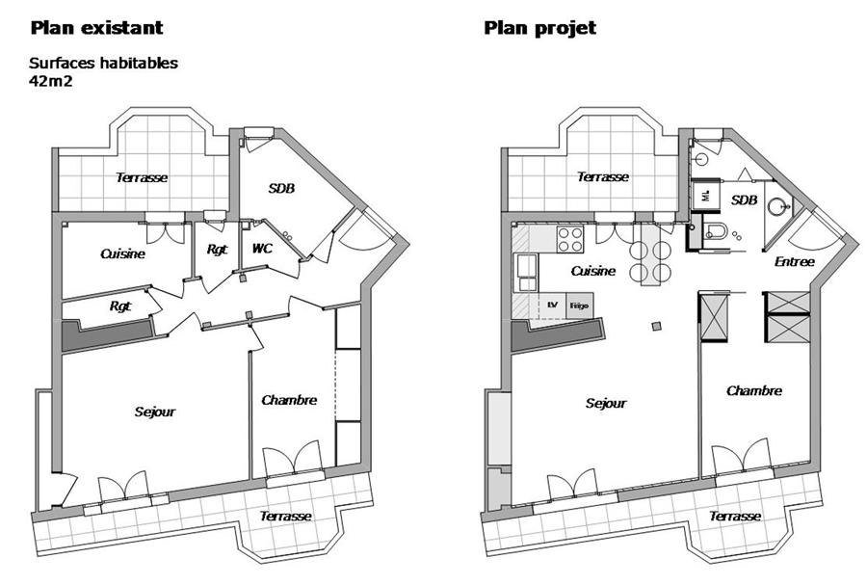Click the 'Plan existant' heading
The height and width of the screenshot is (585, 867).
click(x=96, y=28)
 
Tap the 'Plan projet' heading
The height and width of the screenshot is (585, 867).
click(x=540, y=28)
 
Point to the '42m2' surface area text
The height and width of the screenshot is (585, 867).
click(x=51, y=81)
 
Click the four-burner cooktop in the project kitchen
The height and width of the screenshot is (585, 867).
click(x=570, y=239)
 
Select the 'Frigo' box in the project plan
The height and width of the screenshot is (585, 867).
click(x=580, y=306)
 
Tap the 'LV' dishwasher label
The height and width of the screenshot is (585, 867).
click(x=552, y=305)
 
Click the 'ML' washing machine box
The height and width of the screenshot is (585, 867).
click(x=706, y=196)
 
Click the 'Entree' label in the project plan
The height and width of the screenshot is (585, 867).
click(x=795, y=261)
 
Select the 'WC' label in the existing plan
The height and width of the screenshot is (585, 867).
click(x=262, y=249)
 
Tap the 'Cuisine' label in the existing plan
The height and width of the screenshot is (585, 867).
click(x=122, y=253)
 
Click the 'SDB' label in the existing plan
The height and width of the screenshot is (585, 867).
click(x=281, y=189)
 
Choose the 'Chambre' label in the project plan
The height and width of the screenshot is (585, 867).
click(x=754, y=391)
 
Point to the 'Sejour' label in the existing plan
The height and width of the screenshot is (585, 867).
click(x=155, y=412)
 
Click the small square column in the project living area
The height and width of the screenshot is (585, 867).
click(x=656, y=326)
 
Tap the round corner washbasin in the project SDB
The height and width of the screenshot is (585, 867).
click(x=776, y=207)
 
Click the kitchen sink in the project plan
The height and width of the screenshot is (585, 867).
click(x=526, y=273)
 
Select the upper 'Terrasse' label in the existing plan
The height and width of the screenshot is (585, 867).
click(x=142, y=177)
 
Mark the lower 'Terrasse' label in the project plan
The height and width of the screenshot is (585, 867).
click(x=735, y=517)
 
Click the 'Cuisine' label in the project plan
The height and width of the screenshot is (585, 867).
click(x=593, y=271)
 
